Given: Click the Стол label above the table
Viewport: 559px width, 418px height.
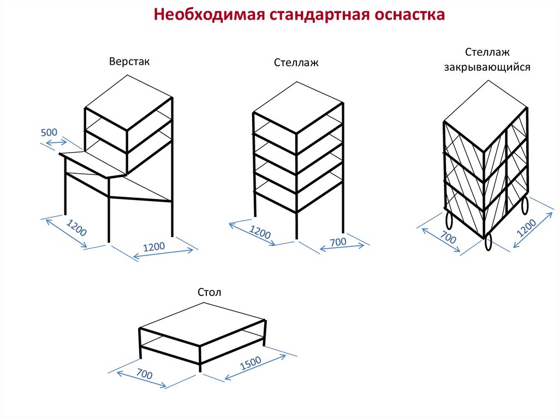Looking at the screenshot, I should (x=210, y=293).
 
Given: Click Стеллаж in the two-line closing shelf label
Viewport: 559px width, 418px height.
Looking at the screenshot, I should (x=487, y=52).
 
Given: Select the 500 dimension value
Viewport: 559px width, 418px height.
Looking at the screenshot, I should (x=49, y=133).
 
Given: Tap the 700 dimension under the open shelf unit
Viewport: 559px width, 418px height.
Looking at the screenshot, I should (x=338, y=241).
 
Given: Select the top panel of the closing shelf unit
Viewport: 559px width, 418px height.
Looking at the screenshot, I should (x=485, y=103).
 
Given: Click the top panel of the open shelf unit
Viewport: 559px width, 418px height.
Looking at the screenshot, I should (x=298, y=106).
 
